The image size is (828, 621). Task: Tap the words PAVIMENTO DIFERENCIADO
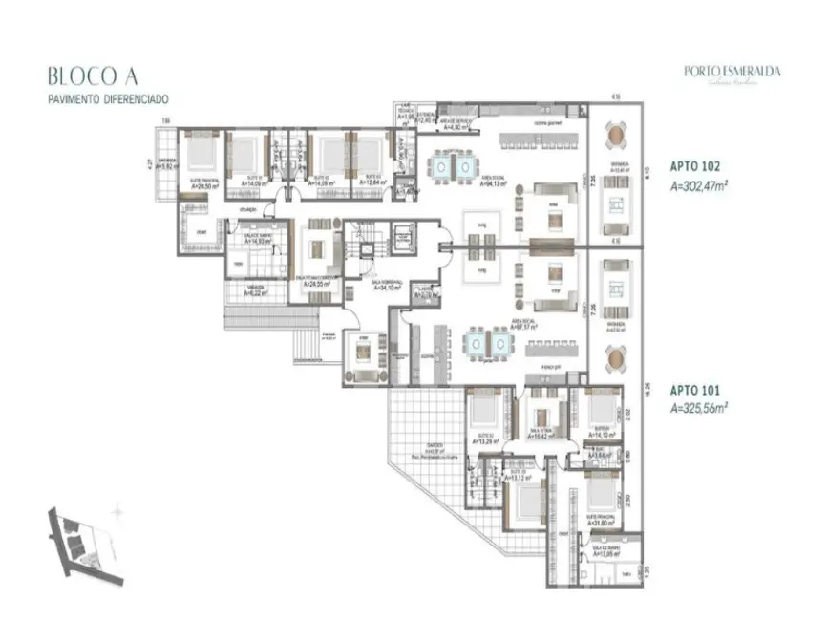coord(111,99)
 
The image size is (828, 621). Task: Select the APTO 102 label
coord(689,164)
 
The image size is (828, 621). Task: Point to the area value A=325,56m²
coord(699,406)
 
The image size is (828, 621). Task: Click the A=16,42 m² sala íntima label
coord(541,437)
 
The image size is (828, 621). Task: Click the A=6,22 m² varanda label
coord(255,293)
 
